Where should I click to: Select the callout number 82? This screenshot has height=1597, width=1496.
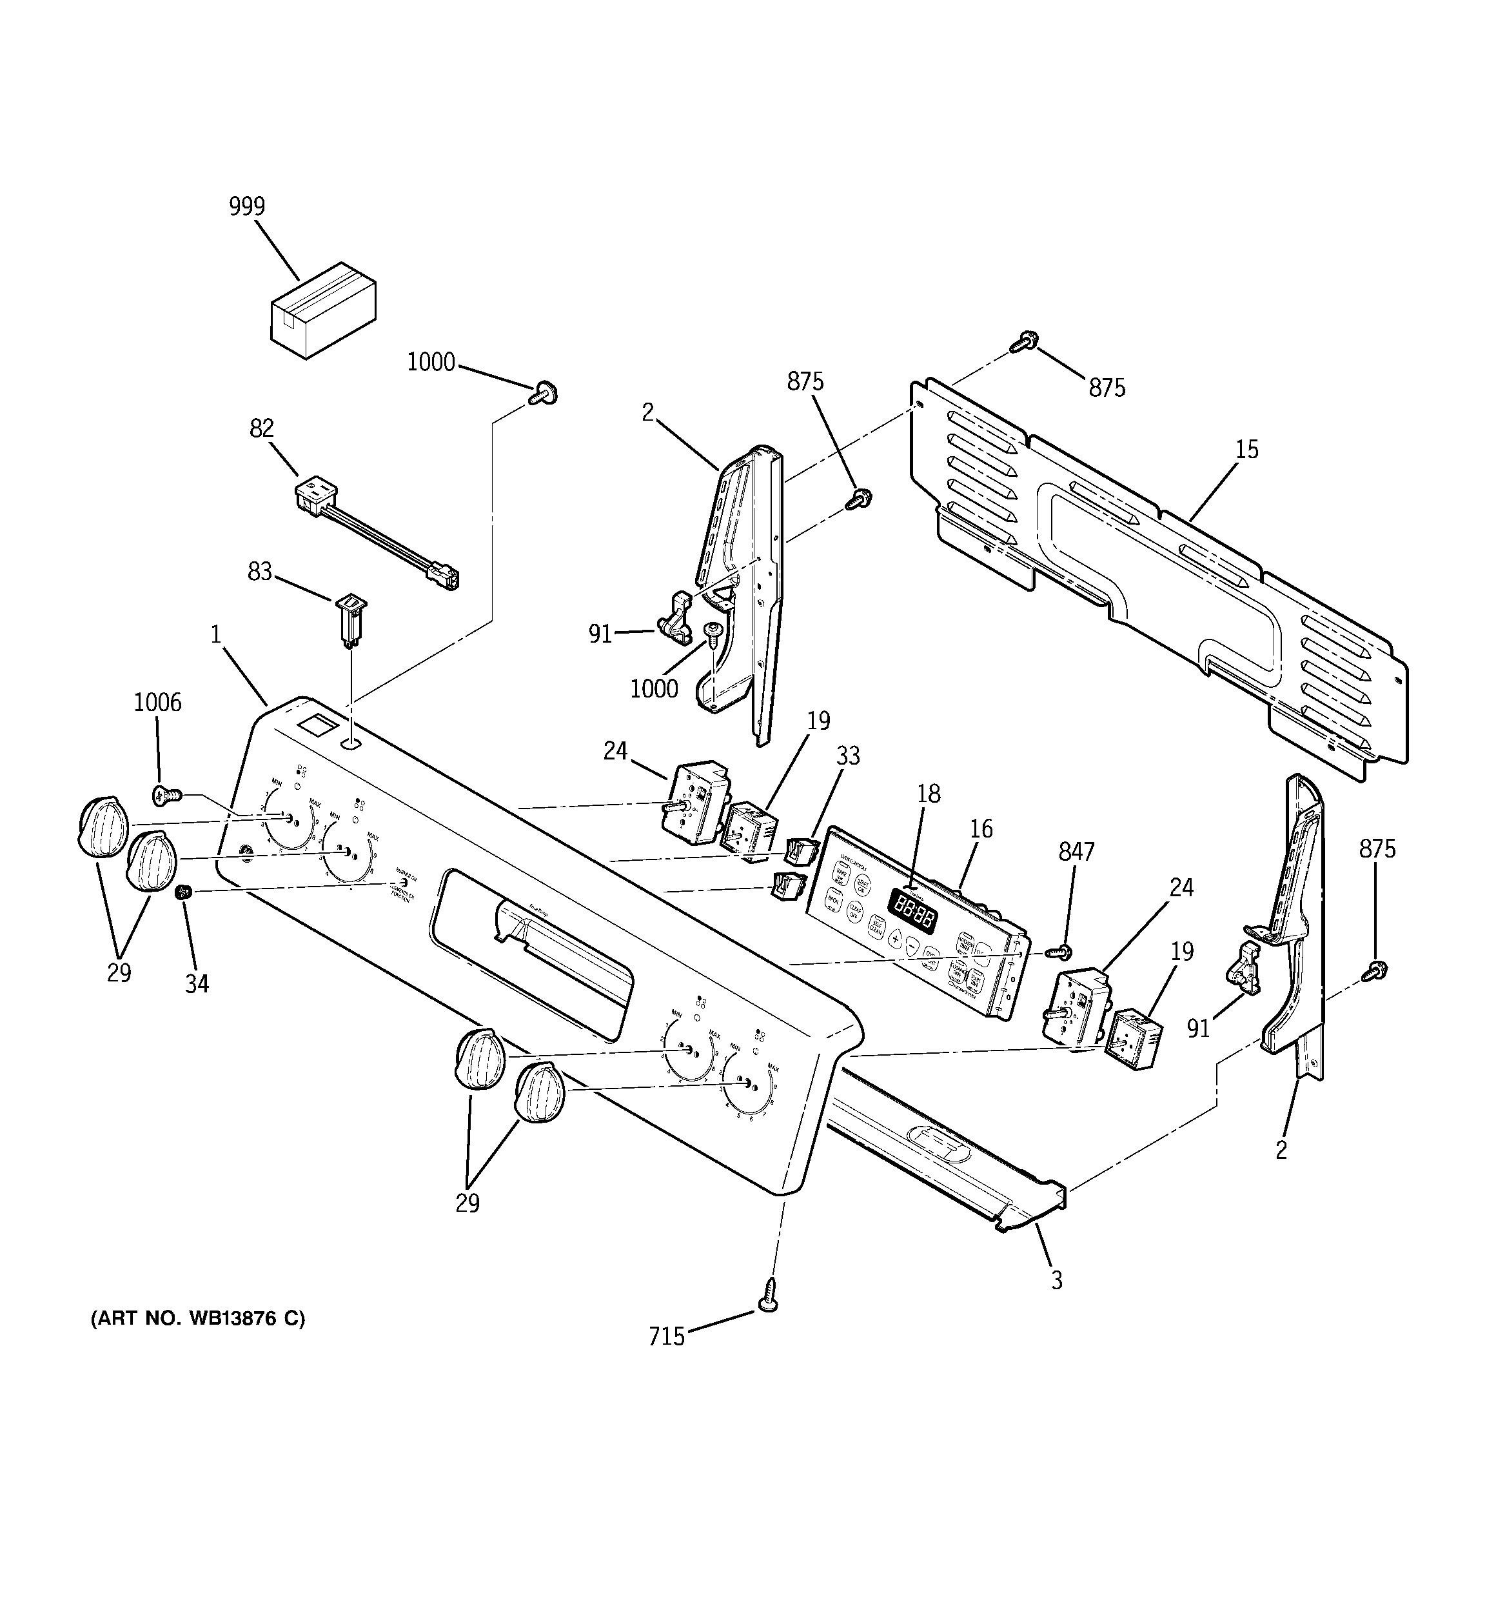pyautogui.click(x=262, y=428)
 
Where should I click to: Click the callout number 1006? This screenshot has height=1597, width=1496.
pyautogui.click(x=157, y=703)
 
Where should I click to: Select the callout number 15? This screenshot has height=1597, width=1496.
pyautogui.click(x=1246, y=449)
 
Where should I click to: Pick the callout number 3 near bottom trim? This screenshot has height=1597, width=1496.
pyautogui.click(x=1057, y=1280)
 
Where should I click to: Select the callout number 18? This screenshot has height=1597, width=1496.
pyautogui.click(x=929, y=794)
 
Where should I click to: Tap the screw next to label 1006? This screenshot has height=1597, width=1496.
pyautogui.click(x=166, y=796)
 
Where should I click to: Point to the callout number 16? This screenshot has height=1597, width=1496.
pyautogui.click(x=981, y=829)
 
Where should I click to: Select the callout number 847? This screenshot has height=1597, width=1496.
pyautogui.click(x=1076, y=852)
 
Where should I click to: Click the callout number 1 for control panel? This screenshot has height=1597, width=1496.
pyautogui.click(x=215, y=635)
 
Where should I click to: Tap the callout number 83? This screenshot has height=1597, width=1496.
pyautogui.click(x=259, y=572)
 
